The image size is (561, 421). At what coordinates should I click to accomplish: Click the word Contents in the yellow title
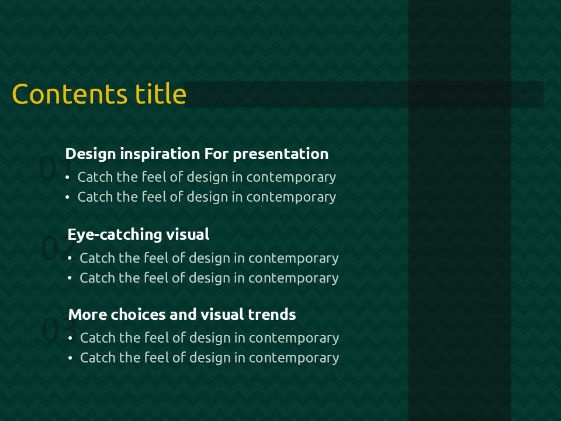(70, 94)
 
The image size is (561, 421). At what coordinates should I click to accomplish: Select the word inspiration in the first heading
(160, 154)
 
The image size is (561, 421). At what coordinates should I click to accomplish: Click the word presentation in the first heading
(280, 154)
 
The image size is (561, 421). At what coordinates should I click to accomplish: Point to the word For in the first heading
(216, 154)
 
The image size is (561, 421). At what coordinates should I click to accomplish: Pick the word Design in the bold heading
(91, 154)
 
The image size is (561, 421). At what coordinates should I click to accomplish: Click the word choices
(138, 315)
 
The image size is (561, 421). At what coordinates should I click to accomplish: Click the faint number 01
(56, 168)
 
